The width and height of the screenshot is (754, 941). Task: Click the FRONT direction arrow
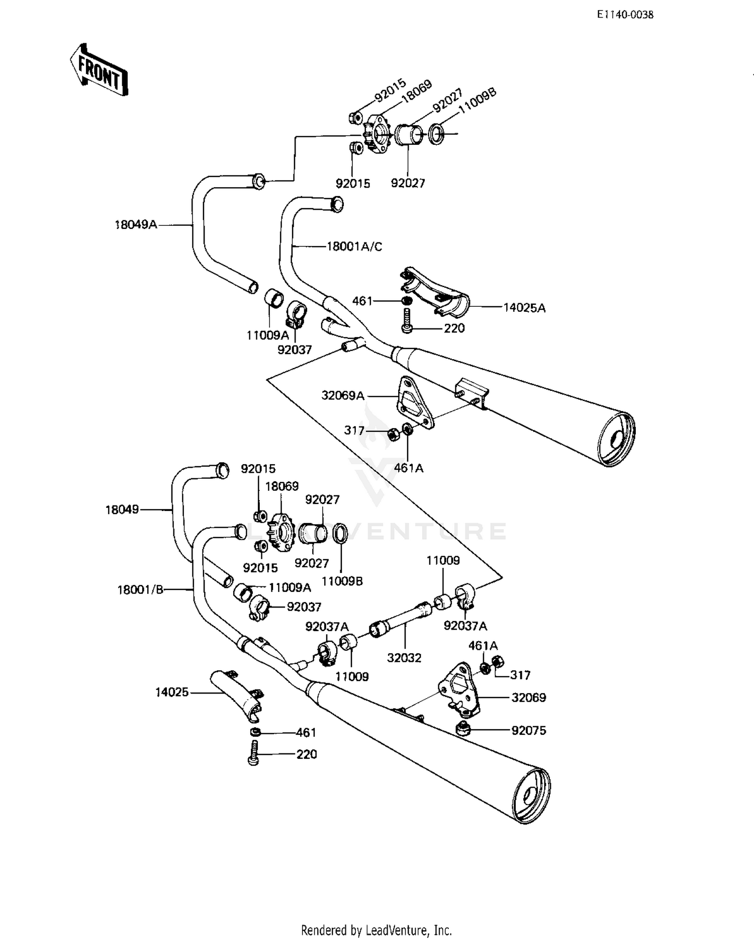(99, 69)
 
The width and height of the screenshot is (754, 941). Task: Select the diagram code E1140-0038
(625, 15)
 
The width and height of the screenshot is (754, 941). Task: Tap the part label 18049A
(136, 225)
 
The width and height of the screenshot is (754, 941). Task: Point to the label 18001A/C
(354, 246)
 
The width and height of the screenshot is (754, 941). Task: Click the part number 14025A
(524, 307)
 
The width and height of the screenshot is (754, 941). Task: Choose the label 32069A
(343, 396)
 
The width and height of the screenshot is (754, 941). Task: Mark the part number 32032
(404, 658)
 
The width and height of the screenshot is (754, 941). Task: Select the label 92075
(529, 730)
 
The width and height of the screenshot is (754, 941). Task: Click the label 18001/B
(141, 589)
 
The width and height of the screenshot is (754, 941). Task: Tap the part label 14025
(172, 693)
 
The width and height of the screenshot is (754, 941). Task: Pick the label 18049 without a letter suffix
(122, 510)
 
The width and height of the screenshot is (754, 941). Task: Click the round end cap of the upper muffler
(617, 440)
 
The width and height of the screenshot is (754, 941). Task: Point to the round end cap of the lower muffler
(530, 796)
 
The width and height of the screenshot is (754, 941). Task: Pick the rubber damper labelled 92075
(463, 728)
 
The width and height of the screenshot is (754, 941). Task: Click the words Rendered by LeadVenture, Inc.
(376, 930)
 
